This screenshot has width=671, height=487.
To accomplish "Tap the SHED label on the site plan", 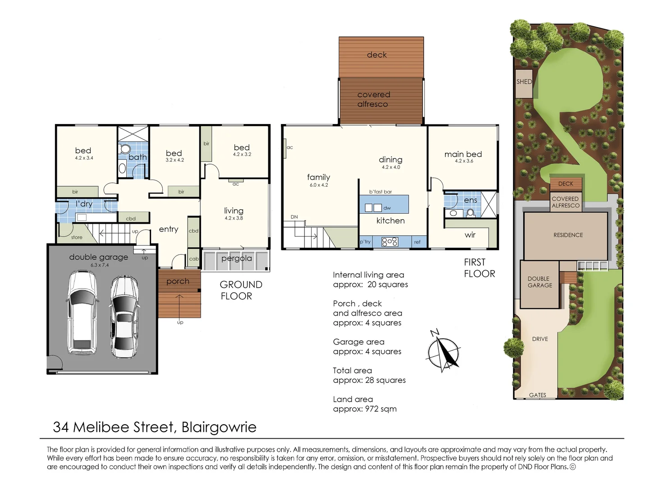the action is pyautogui.click(x=524, y=82).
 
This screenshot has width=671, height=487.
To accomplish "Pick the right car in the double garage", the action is pyautogui.click(x=124, y=316).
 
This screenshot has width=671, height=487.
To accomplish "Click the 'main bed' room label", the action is pyautogui.click(x=463, y=154).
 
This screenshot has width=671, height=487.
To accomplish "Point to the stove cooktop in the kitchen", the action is pyautogui.click(x=390, y=242).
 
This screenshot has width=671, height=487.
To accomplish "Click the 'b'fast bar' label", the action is pyautogui.click(x=381, y=192).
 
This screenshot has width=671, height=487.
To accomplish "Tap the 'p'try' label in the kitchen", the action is pyautogui.click(x=365, y=242).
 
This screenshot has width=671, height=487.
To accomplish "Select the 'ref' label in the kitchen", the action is pyautogui.click(x=417, y=242).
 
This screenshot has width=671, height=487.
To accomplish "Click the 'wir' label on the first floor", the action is pyautogui.click(x=470, y=235).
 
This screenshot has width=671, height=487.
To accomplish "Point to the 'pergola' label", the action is pyautogui.click(x=237, y=258).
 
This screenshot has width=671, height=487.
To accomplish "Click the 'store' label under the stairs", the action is pyautogui.click(x=77, y=237).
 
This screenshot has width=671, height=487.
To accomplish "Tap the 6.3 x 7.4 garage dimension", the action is pyautogui.click(x=100, y=265).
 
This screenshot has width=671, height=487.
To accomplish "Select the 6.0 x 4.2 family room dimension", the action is pyautogui.click(x=319, y=185).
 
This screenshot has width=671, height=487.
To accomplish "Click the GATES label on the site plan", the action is pyautogui.click(x=538, y=395).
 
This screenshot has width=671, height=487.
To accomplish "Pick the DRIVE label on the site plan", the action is pyautogui.click(x=540, y=339).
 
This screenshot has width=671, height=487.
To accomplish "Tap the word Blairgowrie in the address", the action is pyautogui.click(x=219, y=427).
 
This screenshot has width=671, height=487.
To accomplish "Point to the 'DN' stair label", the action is pyautogui.click(x=294, y=217).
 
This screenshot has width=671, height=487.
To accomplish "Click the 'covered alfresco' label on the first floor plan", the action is pyautogui.click(x=373, y=99).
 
